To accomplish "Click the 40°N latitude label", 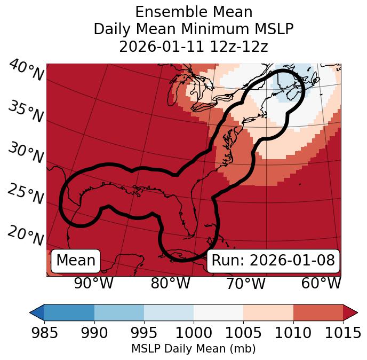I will tap(26, 71).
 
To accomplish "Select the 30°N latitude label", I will tap(26, 153).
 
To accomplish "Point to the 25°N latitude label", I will tap(26, 194).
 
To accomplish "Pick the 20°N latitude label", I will tap(26, 235).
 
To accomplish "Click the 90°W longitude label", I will tap(93, 283).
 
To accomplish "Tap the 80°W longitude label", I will tap(170, 283).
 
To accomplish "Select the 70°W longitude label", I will tap(245, 283).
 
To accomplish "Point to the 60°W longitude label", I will tap(321, 283).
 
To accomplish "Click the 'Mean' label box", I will tap(76, 261).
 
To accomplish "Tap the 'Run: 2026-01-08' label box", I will tap(273, 261).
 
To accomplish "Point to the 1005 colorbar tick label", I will tap(243, 333).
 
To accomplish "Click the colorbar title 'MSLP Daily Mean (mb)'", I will tap(194, 349).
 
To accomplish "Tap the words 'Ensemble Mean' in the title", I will tap(194, 12).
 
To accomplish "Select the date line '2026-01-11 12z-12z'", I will tap(194, 46).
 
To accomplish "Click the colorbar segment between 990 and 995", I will tap(119, 312).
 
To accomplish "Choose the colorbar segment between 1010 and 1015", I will tap(318, 312).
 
